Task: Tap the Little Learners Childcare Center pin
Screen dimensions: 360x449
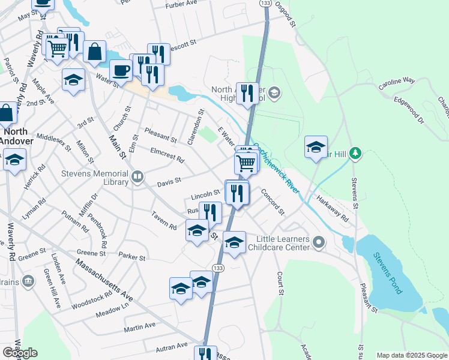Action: [x=319, y=243]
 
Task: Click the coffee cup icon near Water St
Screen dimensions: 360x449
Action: [x=121, y=70]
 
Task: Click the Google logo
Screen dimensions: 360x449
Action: [x=20, y=353]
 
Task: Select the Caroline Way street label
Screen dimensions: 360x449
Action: [x=397, y=83]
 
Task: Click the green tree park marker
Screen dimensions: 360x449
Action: [x=355, y=154]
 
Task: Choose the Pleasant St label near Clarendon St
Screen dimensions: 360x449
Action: [x=161, y=136]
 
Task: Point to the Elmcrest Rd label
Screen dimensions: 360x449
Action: [x=167, y=154]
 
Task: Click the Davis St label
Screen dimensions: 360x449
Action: [x=169, y=182]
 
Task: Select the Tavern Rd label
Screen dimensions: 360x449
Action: [x=164, y=221]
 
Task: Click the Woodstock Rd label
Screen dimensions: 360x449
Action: [x=92, y=298]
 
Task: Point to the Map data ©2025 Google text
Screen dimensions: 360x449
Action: [x=412, y=355]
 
